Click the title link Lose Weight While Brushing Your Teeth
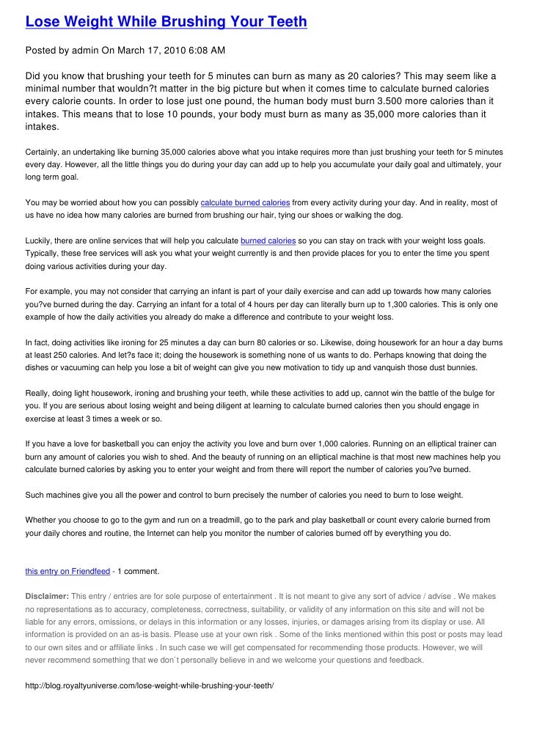pyautogui.click(x=166, y=23)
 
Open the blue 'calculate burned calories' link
pyautogui.click(x=245, y=202)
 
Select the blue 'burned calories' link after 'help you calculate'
pyautogui.click(x=268, y=240)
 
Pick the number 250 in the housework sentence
pyautogui.click(x=70, y=355)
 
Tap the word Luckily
pyautogui.click(x=40, y=240)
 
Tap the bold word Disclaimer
pyautogui.click(x=47, y=596)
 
